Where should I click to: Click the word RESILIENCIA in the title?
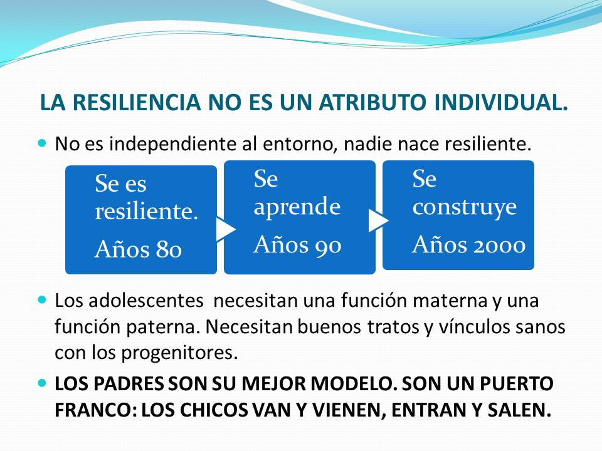[136, 102]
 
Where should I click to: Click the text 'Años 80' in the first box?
[138, 250]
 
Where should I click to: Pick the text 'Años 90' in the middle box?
[297, 244]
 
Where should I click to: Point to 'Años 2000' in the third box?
[468, 244]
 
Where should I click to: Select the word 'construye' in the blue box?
[465, 208]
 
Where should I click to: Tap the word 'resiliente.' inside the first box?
[146, 211]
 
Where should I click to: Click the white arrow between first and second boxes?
[226, 229]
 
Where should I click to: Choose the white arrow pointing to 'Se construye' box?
[378, 220]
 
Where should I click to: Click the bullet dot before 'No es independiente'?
[42, 143]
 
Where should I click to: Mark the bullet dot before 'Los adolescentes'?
[42, 299]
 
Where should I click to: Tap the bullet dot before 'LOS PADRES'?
[42, 383]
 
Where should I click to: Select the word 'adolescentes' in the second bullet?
[146, 300]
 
